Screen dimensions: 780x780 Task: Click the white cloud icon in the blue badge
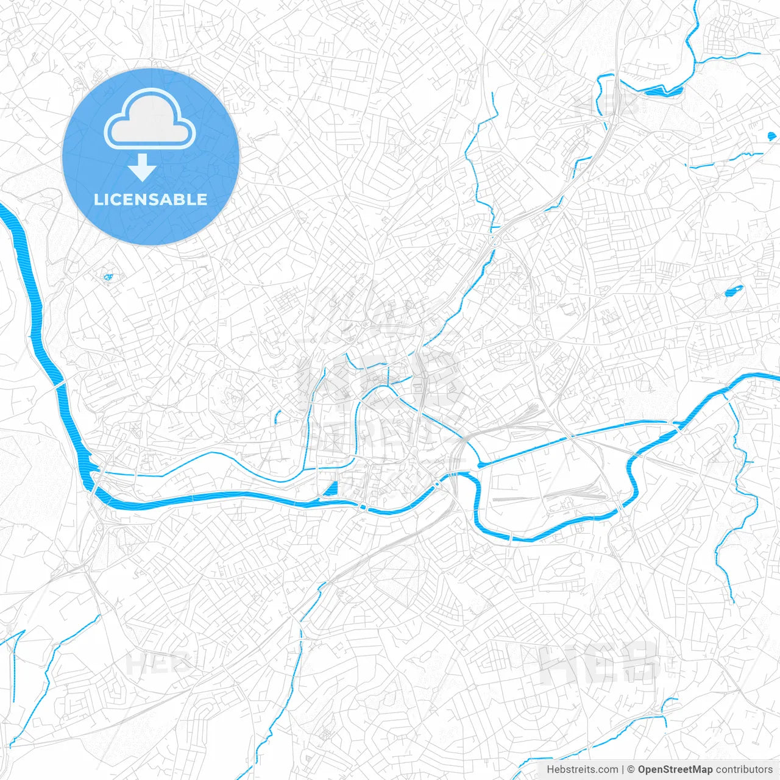[150, 119]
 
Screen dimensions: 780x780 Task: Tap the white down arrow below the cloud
[143, 168]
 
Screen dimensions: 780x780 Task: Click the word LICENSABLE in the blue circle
[151, 200]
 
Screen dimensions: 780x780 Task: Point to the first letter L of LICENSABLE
[97, 200]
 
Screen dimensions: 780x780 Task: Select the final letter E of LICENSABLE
[202, 200]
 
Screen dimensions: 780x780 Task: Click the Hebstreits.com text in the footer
[582, 770]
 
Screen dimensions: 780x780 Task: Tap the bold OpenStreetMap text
[675, 770]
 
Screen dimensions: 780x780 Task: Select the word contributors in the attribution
[744, 770]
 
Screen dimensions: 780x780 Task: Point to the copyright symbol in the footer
[631, 770]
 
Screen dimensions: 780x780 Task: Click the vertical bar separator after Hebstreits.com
[623, 770]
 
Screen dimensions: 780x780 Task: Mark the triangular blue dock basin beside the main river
[331, 489]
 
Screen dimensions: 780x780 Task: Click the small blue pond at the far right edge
[771, 136]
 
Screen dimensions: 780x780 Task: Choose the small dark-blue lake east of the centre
[732, 291]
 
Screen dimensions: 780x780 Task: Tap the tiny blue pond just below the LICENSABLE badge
[108, 278]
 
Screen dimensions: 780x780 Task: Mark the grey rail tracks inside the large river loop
[548, 497]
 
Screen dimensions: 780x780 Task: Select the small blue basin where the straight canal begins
[483, 465]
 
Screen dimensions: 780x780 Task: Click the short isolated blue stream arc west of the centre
[277, 417]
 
